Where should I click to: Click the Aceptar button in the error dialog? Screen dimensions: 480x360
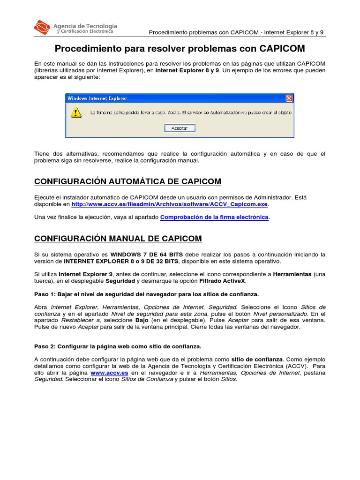pyautogui.click(x=180, y=128)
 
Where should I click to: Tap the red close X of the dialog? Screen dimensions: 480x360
pyautogui.click(x=289, y=98)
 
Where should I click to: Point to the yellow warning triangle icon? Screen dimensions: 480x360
pyautogui.click(x=75, y=113)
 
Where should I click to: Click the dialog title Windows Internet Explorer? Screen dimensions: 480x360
pyautogui.click(x=97, y=98)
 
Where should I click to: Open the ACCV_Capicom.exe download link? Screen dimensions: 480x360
pyautogui.click(x=170, y=204)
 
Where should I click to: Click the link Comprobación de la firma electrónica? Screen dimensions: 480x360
pyautogui.click(x=214, y=217)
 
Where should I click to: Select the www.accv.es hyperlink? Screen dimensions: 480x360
pyautogui.click(x=109, y=373)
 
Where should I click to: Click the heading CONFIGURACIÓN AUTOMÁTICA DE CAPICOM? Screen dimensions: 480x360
pyautogui.click(x=127, y=181)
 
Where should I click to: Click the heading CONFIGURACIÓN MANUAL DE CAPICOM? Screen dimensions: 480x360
pyautogui.click(x=118, y=239)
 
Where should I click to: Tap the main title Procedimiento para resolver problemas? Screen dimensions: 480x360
pyautogui.click(x=180, y=49)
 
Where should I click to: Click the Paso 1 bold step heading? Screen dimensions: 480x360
pyautogui.click(x=146, y=294)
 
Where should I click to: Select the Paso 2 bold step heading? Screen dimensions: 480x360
pyautogui.click(x=118, y=346)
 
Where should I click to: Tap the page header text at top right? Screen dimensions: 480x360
pyautogui.click(x=236, y=32)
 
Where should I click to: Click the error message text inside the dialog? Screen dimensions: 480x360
pyautogui.click(x=190, y=112)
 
